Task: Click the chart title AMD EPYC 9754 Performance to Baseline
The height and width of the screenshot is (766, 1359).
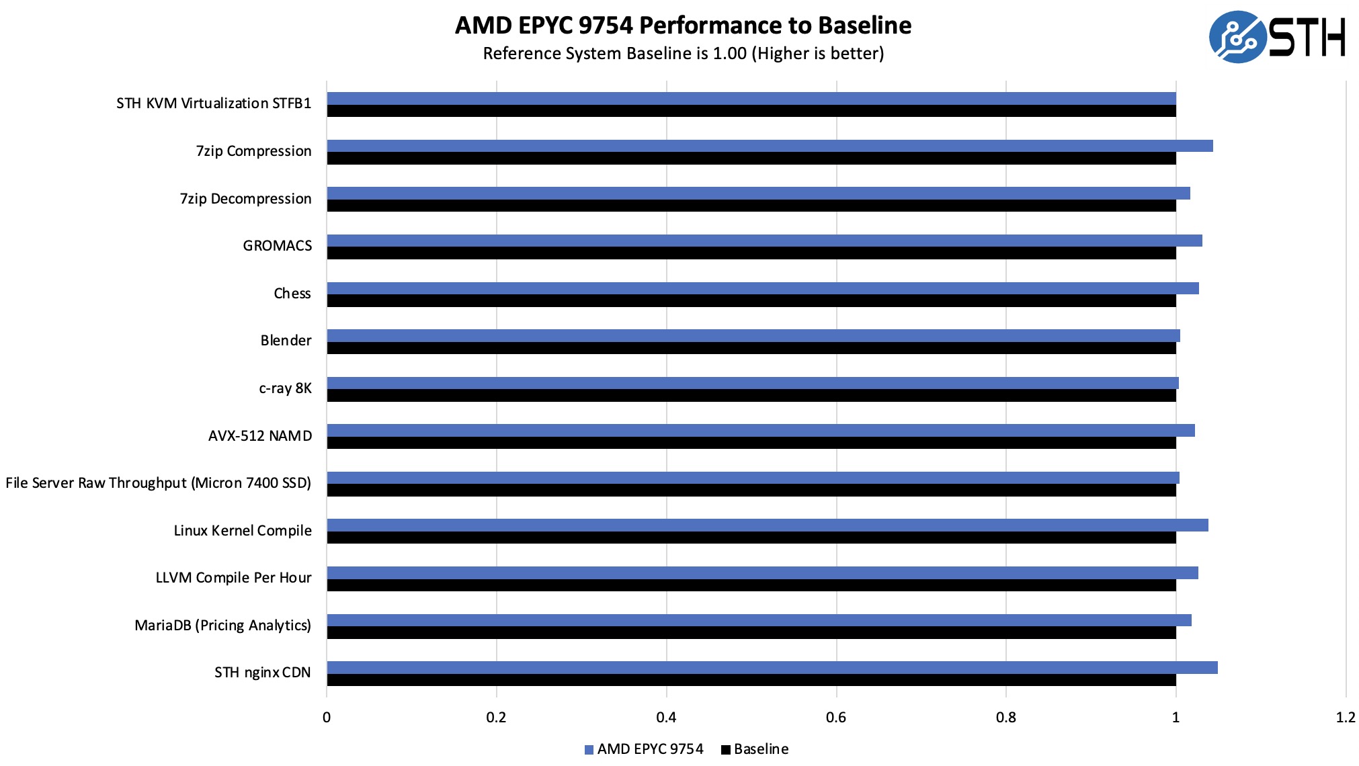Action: [683, 26]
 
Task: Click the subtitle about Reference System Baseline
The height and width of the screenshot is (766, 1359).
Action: [683, 54]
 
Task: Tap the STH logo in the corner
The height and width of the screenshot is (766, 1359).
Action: [1277, 37]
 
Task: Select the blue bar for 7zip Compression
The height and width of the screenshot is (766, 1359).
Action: [770, 146]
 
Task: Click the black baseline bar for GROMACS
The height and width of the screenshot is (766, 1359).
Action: [751, 253]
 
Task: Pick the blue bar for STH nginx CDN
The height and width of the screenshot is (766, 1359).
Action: [772, 667]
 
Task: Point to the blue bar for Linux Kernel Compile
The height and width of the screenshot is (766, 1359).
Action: [768, 525]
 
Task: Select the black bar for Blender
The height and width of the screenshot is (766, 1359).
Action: [751, 348]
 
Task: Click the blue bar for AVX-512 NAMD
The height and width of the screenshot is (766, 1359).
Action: [761, 430]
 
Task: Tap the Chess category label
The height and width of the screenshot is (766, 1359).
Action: [292, 294]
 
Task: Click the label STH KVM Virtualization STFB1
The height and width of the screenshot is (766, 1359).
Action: [214, 103]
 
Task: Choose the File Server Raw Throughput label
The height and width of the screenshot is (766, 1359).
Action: [159, 483]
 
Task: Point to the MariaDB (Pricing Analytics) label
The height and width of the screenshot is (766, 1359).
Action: [223, 626]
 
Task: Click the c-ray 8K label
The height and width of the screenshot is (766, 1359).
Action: [286, 388]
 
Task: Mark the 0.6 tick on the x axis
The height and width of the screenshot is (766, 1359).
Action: [836, 718]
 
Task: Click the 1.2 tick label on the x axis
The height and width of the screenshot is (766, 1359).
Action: [1345, 718]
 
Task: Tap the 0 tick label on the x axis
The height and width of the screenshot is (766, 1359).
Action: [327, 718]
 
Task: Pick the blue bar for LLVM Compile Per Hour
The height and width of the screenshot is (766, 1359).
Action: [762, 572]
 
